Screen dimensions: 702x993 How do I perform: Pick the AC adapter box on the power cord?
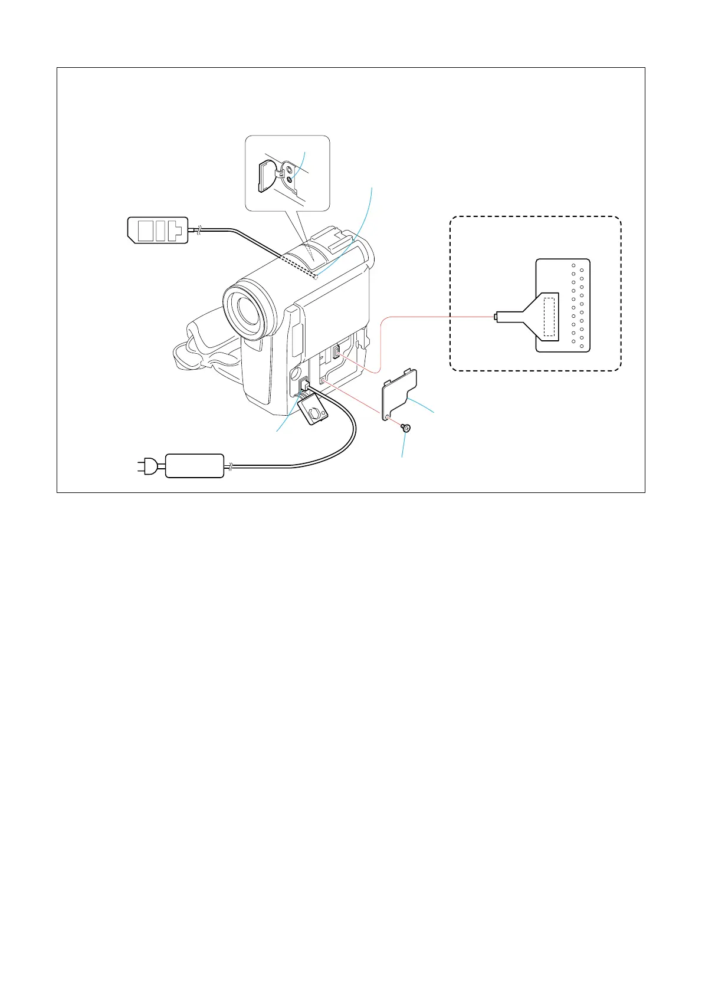coord(195,466)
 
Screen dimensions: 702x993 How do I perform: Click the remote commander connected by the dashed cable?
coord(158,230)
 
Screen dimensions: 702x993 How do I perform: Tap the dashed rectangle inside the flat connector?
coord(549,317)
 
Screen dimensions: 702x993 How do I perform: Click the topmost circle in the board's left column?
coord(573,266)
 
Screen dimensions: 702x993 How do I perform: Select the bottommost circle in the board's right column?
coord(582,346)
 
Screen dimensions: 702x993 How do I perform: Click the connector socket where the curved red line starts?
coord(336,353)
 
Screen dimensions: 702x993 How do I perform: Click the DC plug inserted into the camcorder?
coord(305,387)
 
